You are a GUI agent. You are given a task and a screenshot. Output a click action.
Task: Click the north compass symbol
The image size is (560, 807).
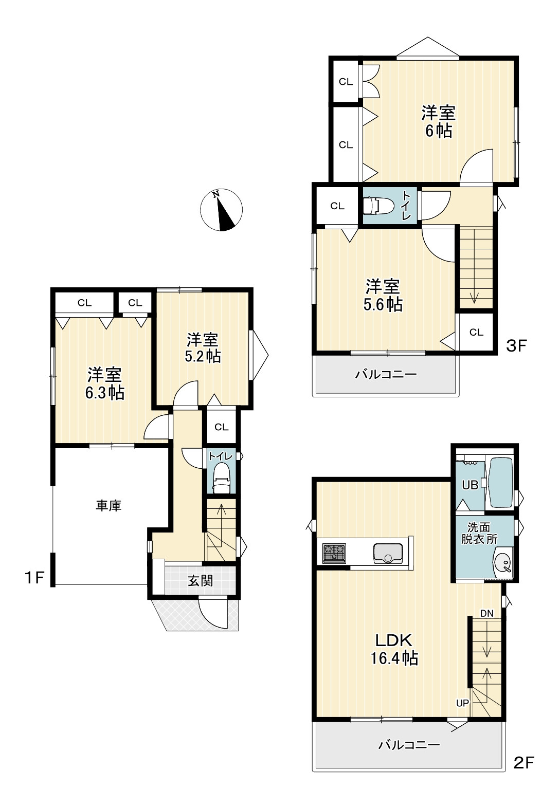(x=221, y=210)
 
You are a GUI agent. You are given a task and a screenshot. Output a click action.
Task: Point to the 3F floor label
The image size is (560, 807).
(x=517, y=346)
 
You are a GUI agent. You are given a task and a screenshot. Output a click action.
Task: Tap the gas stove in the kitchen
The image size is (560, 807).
(x=334, y=554)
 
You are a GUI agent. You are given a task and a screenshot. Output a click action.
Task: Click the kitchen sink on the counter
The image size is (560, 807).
(x=388, y=554)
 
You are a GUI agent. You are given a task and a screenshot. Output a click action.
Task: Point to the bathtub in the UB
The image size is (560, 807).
(x=499, y=483)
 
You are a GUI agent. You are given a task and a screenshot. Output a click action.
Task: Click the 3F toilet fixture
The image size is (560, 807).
(x=373, y=206)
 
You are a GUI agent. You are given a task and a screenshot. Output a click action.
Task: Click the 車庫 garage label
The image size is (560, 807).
(x=109, y=505)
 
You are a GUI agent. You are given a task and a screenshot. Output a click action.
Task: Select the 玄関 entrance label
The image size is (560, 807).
(x=200, y=580)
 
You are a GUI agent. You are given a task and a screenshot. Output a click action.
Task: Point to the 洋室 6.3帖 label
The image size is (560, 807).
(x=105, y=383)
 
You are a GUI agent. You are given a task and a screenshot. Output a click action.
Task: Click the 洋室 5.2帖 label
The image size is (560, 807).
(x=202, y=348)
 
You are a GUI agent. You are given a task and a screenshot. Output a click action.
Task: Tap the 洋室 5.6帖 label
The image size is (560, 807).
(x=383, y=295)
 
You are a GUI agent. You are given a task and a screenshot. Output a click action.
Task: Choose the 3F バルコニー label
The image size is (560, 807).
(x=386, y=375)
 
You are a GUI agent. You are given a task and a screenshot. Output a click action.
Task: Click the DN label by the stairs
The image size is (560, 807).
(x=487, y=614)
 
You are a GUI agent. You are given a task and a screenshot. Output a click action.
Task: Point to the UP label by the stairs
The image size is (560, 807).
(x=463, y=703)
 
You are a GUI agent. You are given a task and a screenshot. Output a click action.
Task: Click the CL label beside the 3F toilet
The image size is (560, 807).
(x=337, y=206)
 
